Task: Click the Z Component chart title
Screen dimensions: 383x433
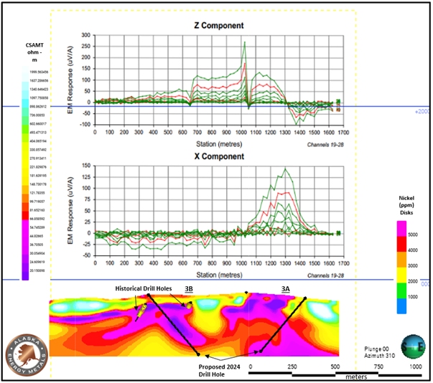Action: (218, 26)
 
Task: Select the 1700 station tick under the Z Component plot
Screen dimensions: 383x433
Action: (344, 133)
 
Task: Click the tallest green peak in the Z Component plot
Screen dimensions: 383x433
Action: (245, 42)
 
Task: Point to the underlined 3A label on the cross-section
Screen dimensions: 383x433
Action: (286, 288)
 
